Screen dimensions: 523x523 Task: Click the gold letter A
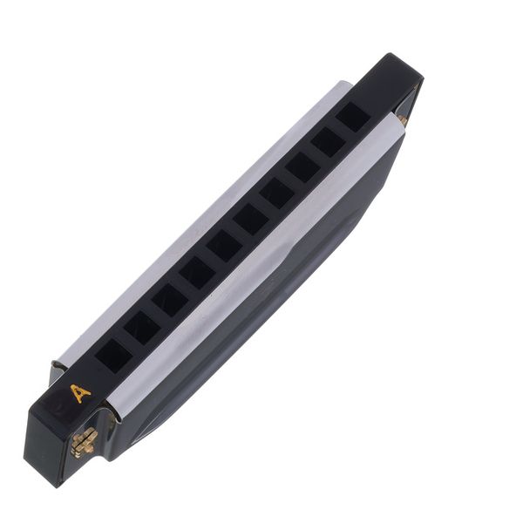coord(80,393)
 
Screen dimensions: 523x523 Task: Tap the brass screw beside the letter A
coord(84,442)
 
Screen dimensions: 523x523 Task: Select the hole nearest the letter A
coord(113,355)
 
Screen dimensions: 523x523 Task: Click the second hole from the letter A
coord(142,328)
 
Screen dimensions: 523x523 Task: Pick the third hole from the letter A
coord(170,301)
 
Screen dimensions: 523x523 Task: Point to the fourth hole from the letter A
coord(197,274)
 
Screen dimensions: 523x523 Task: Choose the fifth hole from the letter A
coord(224,247)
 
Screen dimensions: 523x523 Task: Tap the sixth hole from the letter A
coord(250,220)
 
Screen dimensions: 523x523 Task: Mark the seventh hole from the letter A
coord(276,194)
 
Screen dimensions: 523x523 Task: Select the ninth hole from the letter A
coord(328,141)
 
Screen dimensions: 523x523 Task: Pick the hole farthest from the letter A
coord(353,116)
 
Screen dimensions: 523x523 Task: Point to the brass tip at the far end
coord(402,119)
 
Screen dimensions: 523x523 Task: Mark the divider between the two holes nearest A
coord(128,341)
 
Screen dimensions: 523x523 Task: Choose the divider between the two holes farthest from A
coord(341,129)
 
